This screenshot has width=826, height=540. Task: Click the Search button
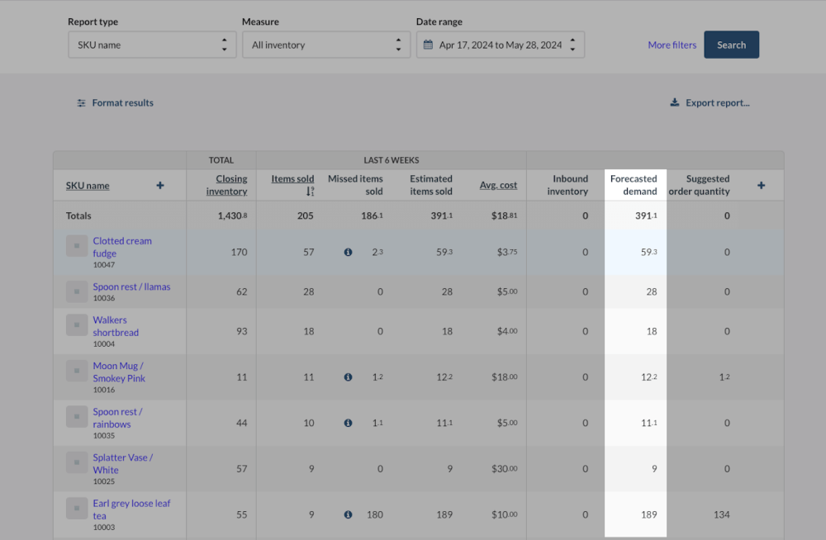coord(731,45)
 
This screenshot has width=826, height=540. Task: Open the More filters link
coord(672,45)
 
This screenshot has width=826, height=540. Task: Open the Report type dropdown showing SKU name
coord(151,45)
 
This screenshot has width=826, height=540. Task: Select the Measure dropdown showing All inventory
coord(325,45)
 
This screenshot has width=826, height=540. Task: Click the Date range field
coord(500,45)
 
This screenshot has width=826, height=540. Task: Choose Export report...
coord(710,103)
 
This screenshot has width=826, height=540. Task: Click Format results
coord(115,103)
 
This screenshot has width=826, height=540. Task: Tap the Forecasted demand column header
coord(634,185)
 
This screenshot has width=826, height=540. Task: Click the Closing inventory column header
coord(226,185)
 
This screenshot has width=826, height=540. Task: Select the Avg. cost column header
coord(498,185)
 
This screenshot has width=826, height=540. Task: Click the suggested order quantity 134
coord(721,514)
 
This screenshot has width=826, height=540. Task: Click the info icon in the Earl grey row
coord(348,514)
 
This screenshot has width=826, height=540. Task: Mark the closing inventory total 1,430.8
coord(231,216)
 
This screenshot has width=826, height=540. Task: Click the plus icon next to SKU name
coord(160,186)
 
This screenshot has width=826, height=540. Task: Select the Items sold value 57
coord(308,253)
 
